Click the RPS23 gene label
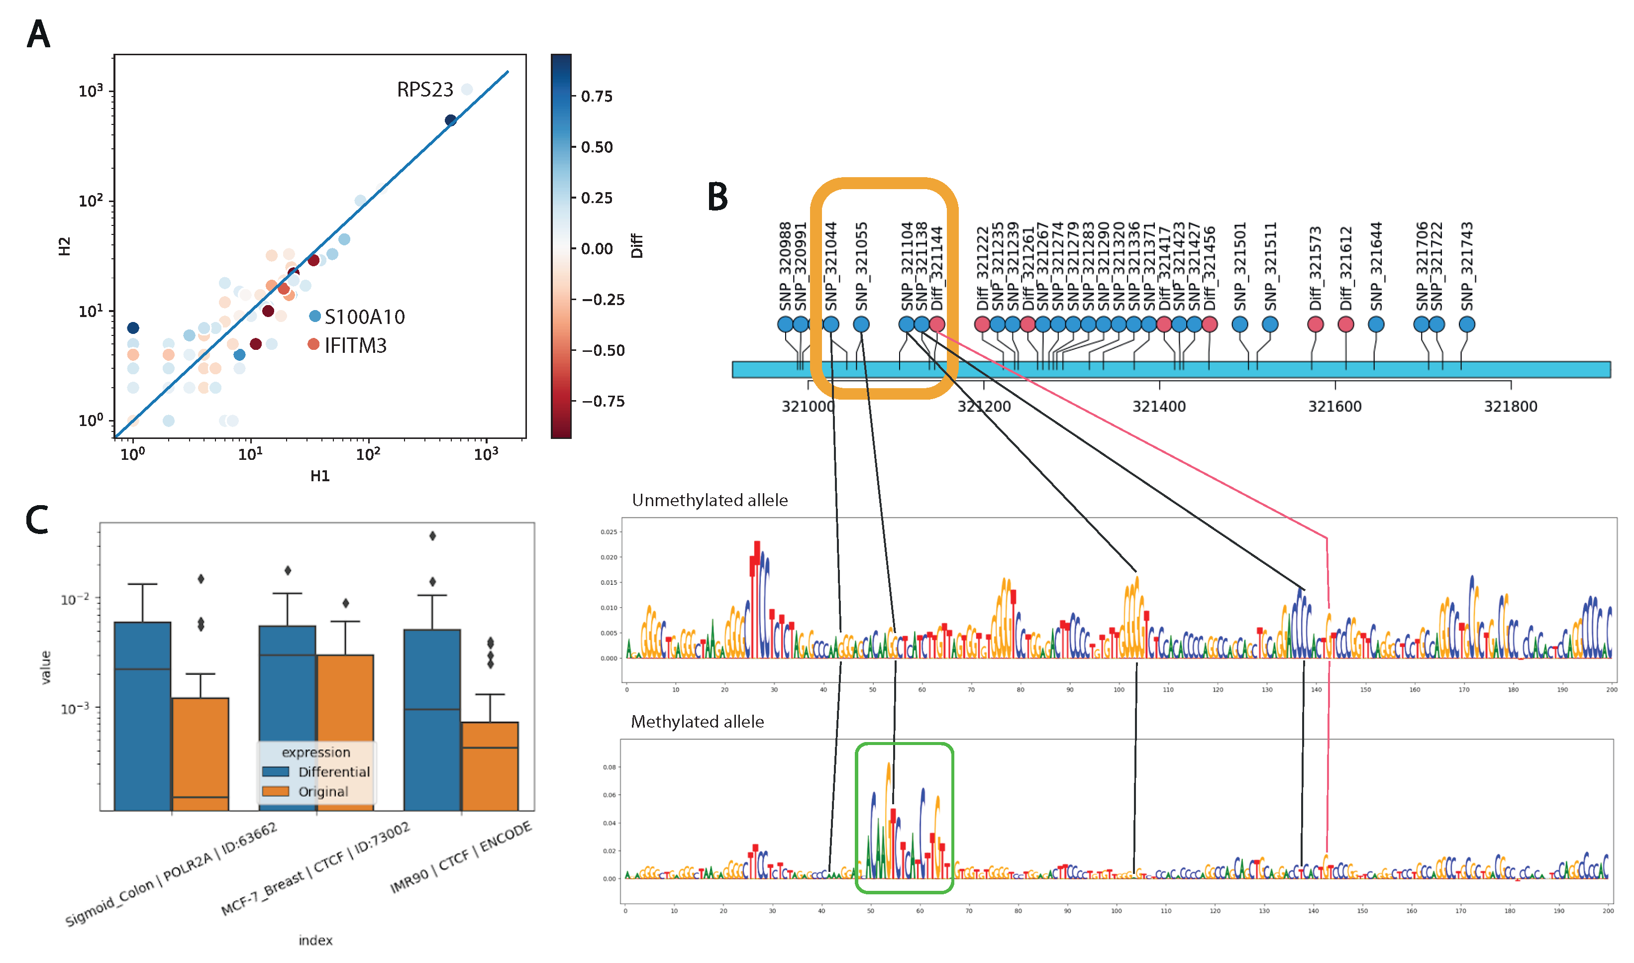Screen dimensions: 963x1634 [424, 90]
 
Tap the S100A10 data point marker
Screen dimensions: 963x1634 [314, 316]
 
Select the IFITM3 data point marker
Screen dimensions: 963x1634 [313, 344]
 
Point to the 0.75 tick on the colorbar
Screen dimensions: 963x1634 [596, 97]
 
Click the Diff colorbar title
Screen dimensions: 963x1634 [636, 246]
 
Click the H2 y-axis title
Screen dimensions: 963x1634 [64, 246]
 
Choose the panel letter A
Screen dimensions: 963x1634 [38, 34]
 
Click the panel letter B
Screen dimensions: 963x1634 [717, 196]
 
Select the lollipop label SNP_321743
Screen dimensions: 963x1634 [1467, 267]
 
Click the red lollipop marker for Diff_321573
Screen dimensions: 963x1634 [1315, 324]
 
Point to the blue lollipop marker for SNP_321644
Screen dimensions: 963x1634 [1376, 324]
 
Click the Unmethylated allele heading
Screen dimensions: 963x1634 [710, 500]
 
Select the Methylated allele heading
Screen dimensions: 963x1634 [697, 722]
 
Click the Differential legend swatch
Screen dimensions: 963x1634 [275, 771]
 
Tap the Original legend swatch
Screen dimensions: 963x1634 [275, 791]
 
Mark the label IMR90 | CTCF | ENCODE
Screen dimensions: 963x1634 [461, 857]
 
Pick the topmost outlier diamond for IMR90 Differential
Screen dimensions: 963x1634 [433, 535]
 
